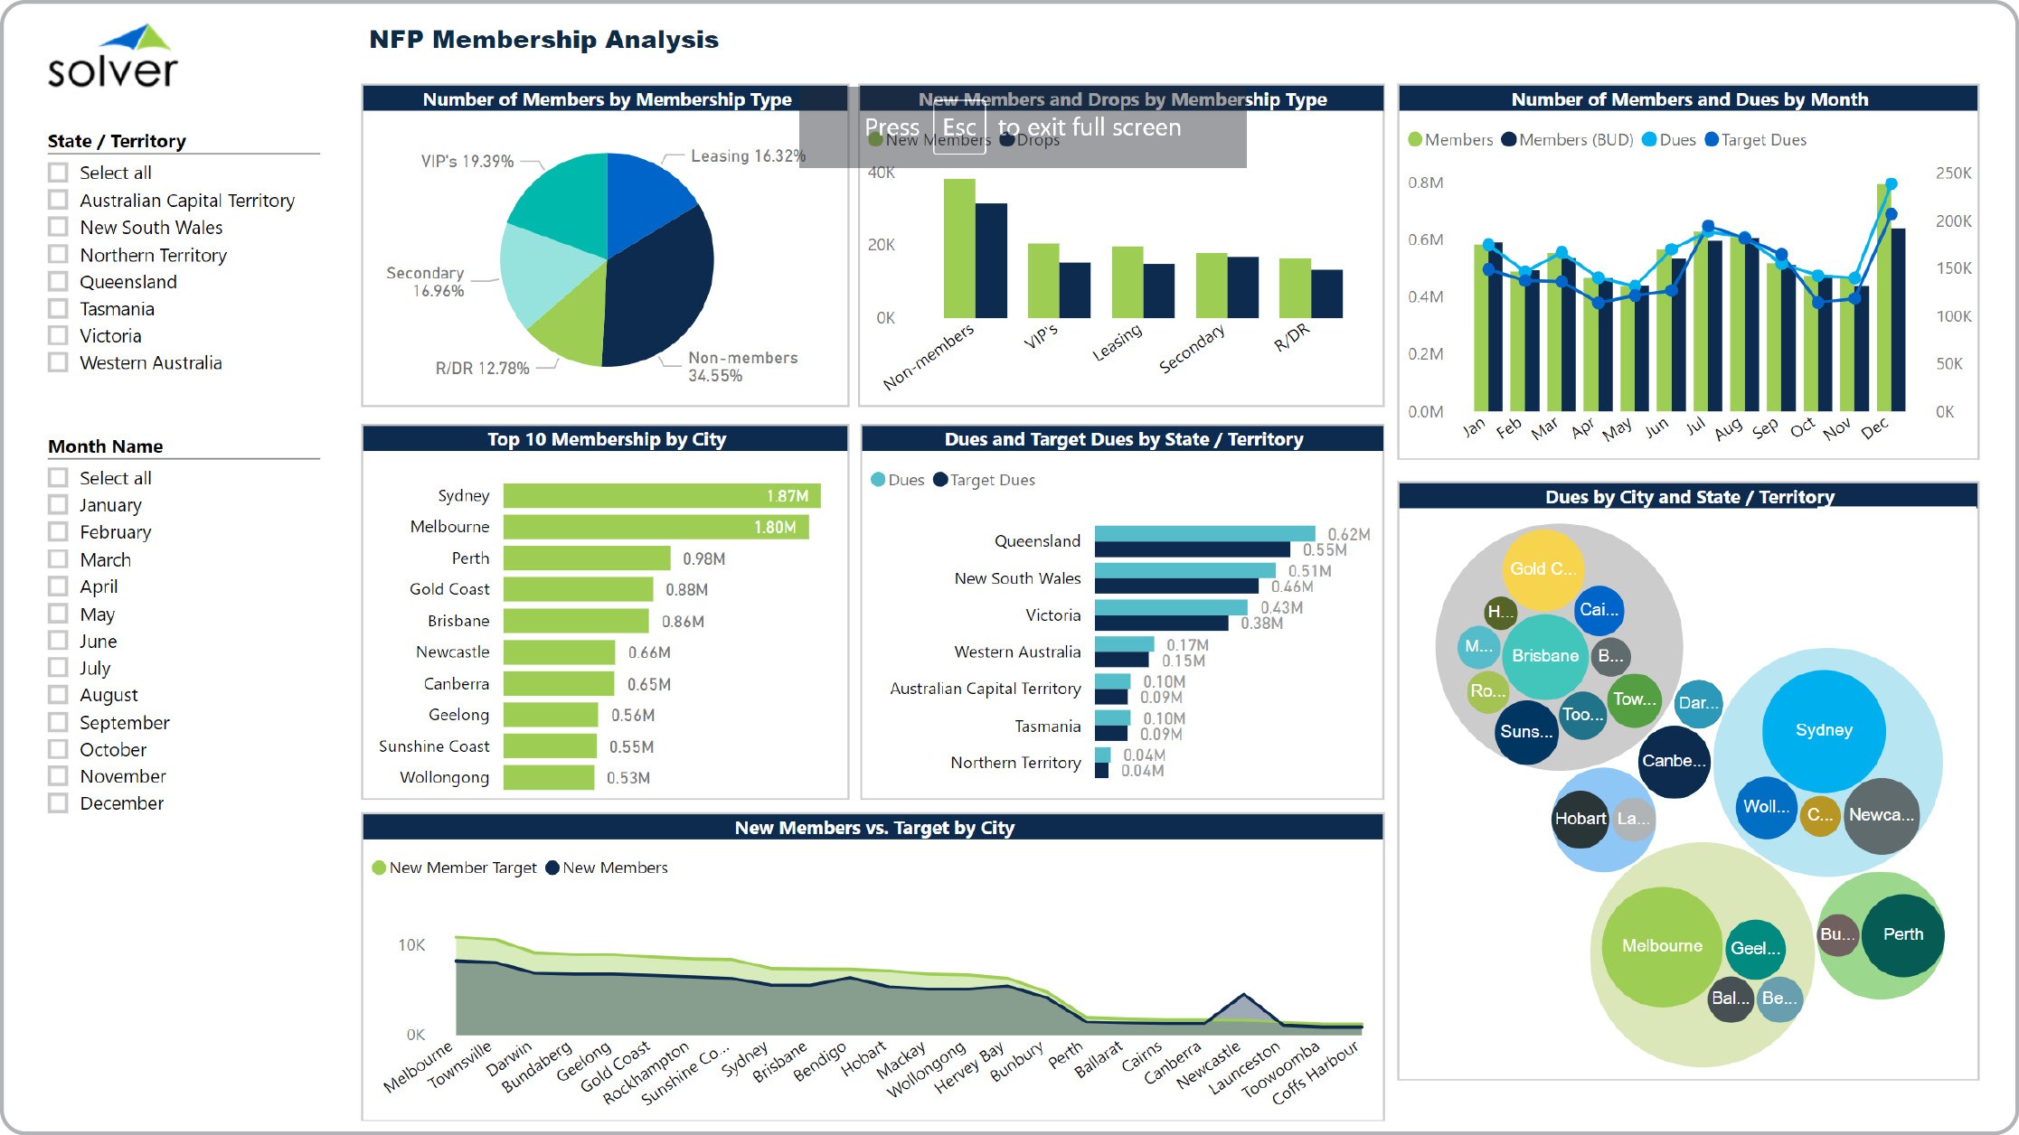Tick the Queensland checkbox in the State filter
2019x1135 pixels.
coord(59,281)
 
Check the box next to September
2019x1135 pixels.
coord(59,722)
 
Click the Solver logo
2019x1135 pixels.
coord(113,58)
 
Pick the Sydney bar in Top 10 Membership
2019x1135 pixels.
coord(661,495)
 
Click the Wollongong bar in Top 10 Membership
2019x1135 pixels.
coord(549,777)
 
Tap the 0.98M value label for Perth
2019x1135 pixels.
coord(703,558)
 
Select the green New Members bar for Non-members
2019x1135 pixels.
coord(959,249)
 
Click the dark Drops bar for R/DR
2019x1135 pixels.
coord(1326,294)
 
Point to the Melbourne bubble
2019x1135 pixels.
coord(1661,946)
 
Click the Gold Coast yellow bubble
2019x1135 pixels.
coord(1543,569)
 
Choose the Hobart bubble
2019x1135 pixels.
coord(1580,819)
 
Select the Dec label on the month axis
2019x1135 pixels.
coord(1874,427)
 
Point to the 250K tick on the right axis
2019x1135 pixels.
coord(1953,174)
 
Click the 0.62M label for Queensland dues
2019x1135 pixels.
coord(1348,534)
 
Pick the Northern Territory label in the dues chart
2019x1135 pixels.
coord(1015,763)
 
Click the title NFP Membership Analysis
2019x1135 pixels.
coord(543,40)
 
